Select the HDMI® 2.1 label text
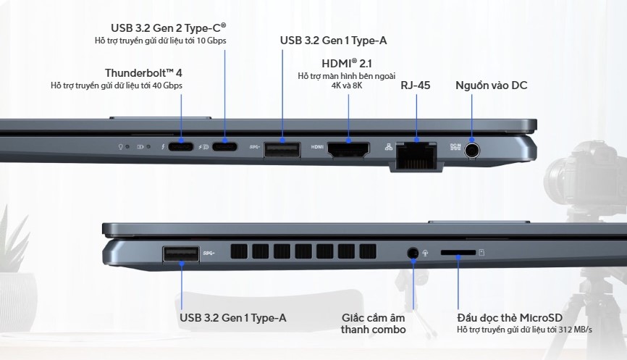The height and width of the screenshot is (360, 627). pyautogui.click(x=347, y=63)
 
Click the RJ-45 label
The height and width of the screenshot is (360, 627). pyautogui.click(x=416, y=85)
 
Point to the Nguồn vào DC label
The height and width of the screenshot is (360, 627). pyautogui.click(x=491, y=85)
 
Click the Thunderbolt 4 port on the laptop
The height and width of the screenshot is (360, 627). pyautogui.click(x=182, y=147)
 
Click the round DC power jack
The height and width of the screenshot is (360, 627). pyautogui.click(x=472, y=150)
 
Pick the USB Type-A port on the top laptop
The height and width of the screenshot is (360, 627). pyautogui.click(x=282, y=149)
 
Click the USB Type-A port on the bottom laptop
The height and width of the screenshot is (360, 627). pyautogui.click(x=181, y=253)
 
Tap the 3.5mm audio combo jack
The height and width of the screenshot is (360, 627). pyautogui.click(x=413, y=253)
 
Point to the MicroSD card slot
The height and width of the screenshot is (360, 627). pyautogui.click(x=458, y=253)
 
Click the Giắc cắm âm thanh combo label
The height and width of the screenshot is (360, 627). pyautogui.click(x=374, y=324)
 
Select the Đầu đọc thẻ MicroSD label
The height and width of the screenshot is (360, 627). pyautogui.click(x=510, y=317)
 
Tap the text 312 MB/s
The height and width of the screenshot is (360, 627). pyautogui.click(x=575, y=330)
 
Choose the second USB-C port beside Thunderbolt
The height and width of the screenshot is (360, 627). pyautogui.click(x=224, y=147)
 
